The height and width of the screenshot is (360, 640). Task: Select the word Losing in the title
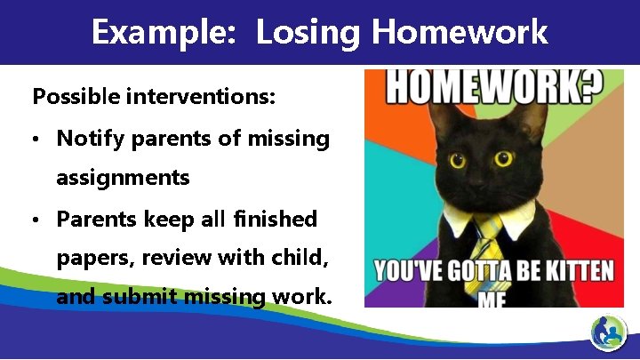(x=308, y=33)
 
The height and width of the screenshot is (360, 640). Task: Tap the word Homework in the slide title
(x=460, y=33)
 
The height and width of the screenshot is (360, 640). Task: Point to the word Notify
(x=86, y=139)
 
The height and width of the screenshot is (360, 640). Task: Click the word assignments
(x=123, y=178)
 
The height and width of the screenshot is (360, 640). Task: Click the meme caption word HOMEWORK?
(x=493, y=87)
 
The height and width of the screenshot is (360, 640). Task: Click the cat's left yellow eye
(x=459, y=161)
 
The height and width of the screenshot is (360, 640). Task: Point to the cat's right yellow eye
(x=504, y=160)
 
